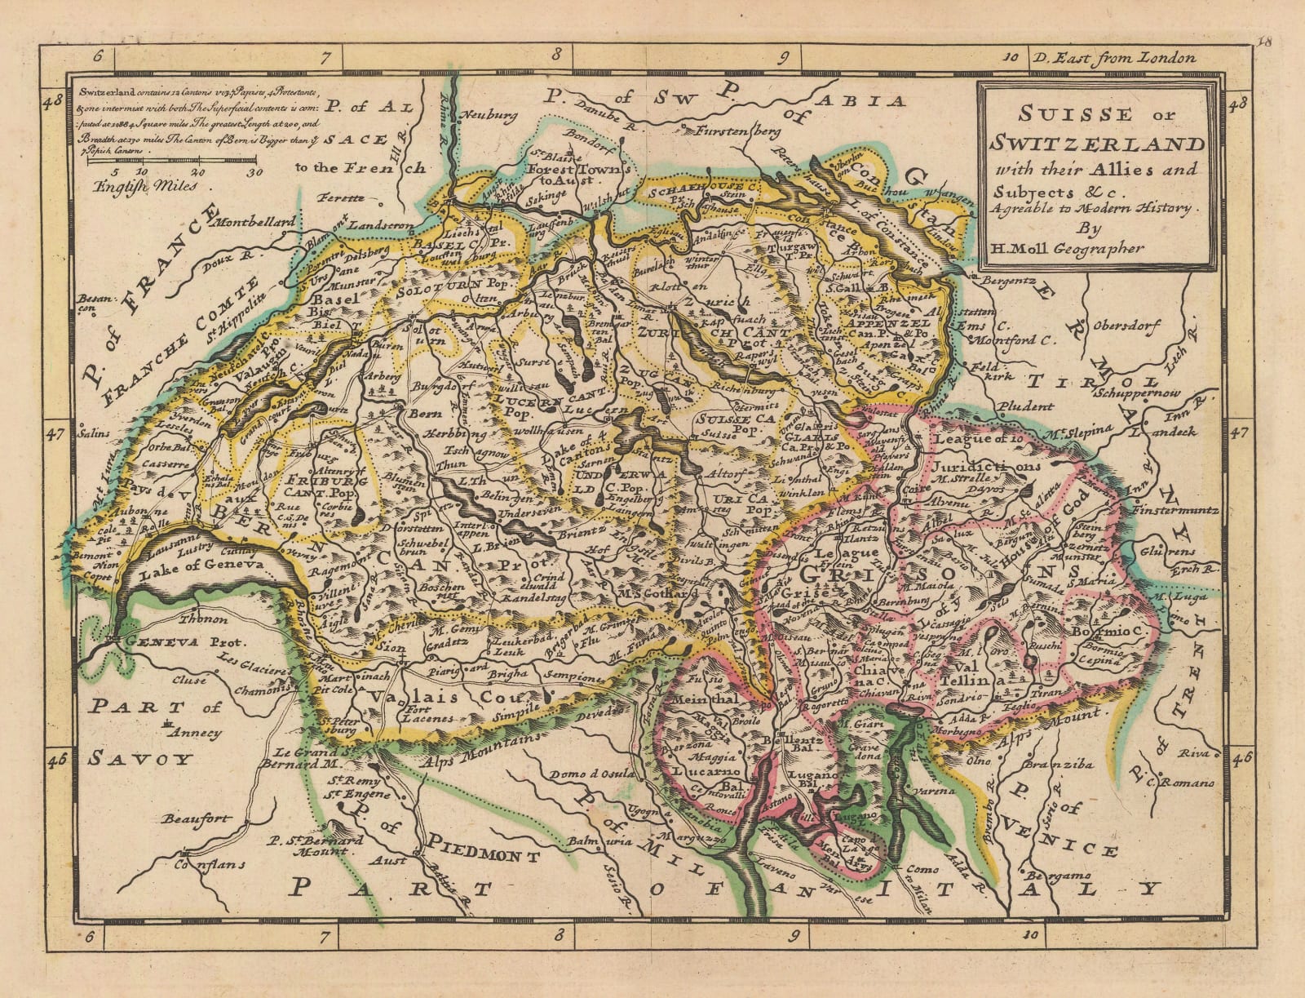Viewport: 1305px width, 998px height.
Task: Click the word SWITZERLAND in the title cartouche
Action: (x=1096, y=144)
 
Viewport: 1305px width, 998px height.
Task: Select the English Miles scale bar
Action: (x=175, y=162)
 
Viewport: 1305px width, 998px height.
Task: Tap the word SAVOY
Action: (x=139, y=759)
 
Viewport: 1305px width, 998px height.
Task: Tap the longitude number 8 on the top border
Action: (x=557, y=56)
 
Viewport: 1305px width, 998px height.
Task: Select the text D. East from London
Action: (x=1113, y=58)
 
